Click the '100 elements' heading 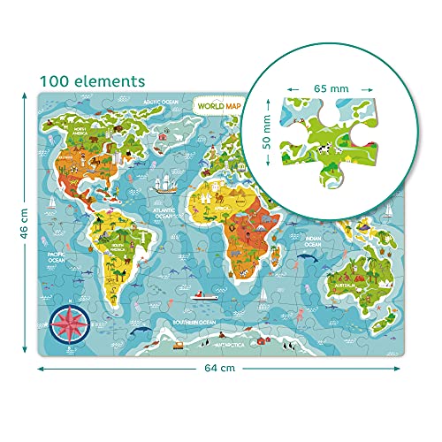coord(91,80)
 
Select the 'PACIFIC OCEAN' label coord(61,257)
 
